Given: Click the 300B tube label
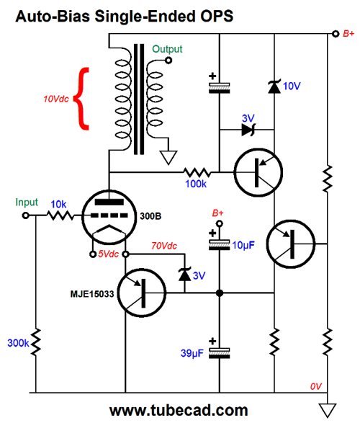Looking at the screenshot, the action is coord(150,216).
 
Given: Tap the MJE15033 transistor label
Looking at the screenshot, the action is coord(92,294).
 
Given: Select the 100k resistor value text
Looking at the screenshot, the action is coord(196,184).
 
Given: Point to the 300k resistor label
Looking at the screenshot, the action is coord(18,343).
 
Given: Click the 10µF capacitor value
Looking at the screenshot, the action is coord(243,245).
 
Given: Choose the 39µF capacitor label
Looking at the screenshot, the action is coord(192,353).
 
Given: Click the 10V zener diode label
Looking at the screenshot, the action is coord(292,86).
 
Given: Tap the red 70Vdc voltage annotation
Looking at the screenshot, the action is coord(164,246).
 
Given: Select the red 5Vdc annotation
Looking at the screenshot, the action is coord(108,254).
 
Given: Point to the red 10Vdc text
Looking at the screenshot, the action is coord(56,99).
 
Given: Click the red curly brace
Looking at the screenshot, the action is coord(81,99).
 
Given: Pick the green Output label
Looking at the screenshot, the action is coord(167,49).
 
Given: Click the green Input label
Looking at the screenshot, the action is coord(27,202).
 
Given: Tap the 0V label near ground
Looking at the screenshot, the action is coord(315,386).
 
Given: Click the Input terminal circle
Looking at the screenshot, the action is coord(26,215).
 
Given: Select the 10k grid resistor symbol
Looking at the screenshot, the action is coord(60,215).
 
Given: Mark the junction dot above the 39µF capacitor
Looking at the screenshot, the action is coord(220,293).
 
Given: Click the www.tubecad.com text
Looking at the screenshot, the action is coord(179,410).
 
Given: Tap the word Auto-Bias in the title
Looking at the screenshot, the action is coord(53,16).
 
